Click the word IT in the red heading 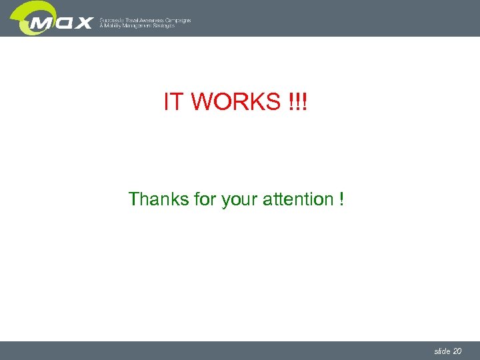click(x=173, y=102)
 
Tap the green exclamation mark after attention click(x=341, y=199)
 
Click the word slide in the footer click(x=441, y=351)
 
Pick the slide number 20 click(x=457, y=351)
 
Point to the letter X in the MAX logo click(x=83, y=23)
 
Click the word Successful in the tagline click(x=112, y=20)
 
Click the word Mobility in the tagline click(x=113, y=26)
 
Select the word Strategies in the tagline click(x=165, y=26)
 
